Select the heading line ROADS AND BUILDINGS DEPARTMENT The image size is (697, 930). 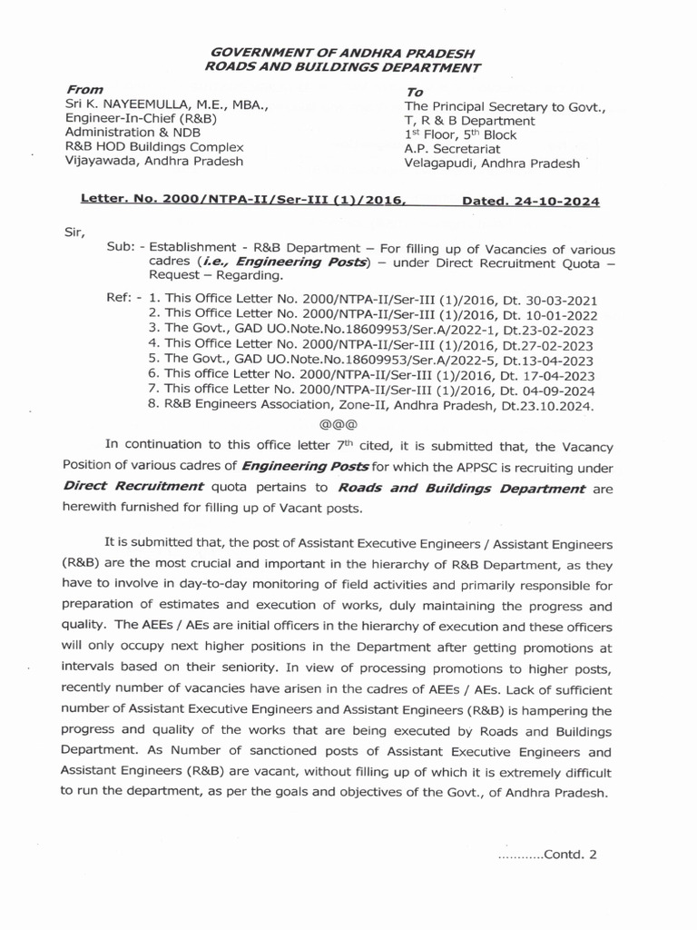point(341,68)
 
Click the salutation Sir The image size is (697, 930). point(74,232)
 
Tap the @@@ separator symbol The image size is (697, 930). point(339,423)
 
